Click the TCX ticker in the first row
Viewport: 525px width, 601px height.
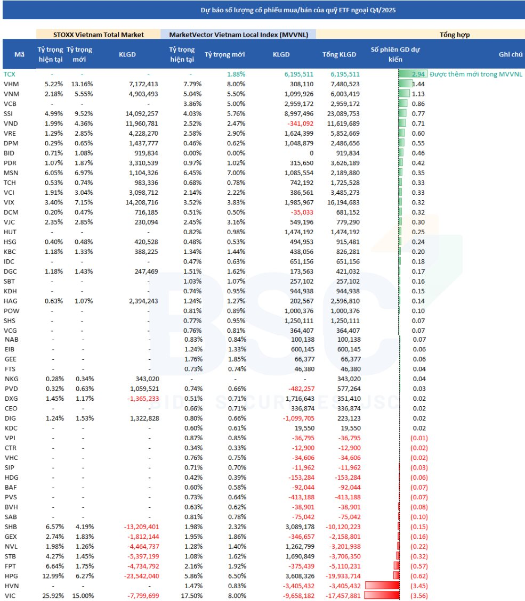[10, 75]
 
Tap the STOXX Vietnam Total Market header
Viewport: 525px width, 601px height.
[98, 35]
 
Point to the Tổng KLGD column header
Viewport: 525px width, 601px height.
[341, 54]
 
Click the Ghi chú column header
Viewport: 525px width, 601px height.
[511, 54]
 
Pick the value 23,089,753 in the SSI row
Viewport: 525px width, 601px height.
[341, 113]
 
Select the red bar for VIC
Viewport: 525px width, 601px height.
[382, 596]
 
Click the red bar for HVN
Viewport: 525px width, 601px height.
[382, 586]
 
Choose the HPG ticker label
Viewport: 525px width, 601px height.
[11, 575]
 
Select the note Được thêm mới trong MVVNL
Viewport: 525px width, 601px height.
[475, 75]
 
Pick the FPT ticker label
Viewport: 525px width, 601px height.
[10, 565]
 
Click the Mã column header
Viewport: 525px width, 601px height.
[19, 54]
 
